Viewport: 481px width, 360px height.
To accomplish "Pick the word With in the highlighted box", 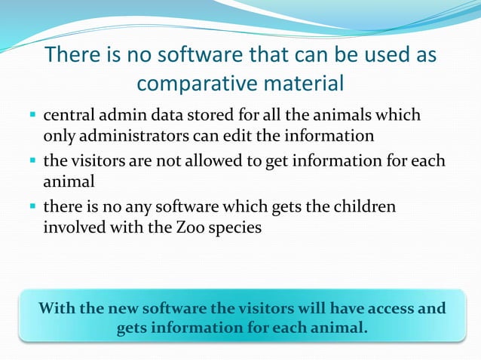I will point(55,309).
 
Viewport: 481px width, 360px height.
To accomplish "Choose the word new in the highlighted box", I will point(124,309).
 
